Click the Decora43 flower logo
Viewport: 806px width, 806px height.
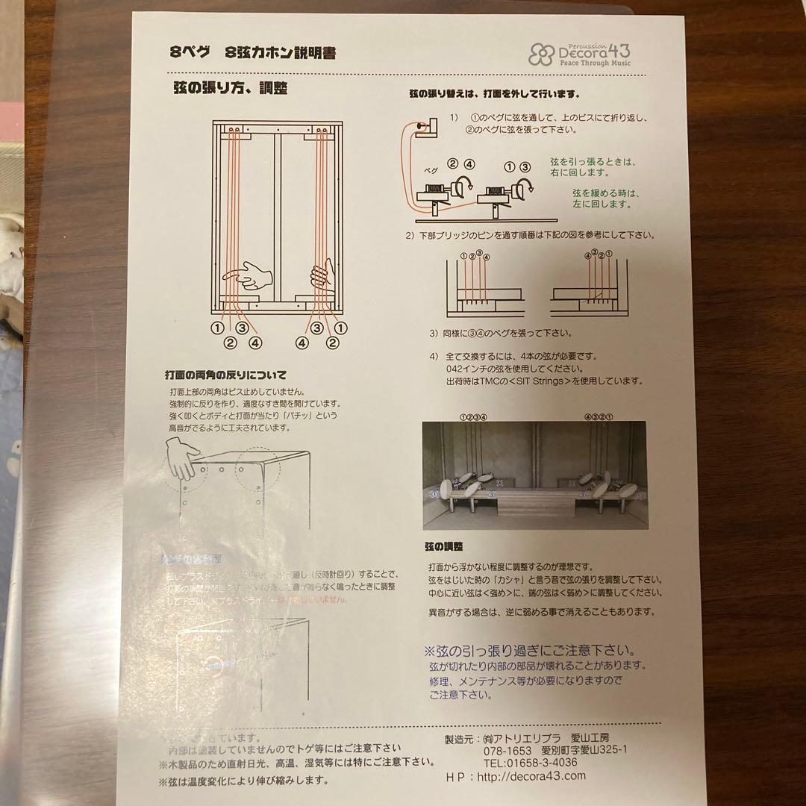coord(540,54)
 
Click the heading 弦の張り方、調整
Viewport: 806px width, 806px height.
coord(230,87)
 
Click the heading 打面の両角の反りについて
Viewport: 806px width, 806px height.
coord(225,375)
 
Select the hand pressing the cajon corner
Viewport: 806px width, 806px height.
coord(181,457)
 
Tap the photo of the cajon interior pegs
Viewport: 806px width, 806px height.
coord(534,475)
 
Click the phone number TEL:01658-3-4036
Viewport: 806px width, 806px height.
coord(530,762)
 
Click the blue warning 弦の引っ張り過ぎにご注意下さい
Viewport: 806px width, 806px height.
coord(530,650)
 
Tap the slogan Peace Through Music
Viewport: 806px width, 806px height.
coord(595,63)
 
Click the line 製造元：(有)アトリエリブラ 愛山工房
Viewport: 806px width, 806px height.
coord(530,737)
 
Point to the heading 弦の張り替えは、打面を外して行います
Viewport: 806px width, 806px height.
coord(494,95)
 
